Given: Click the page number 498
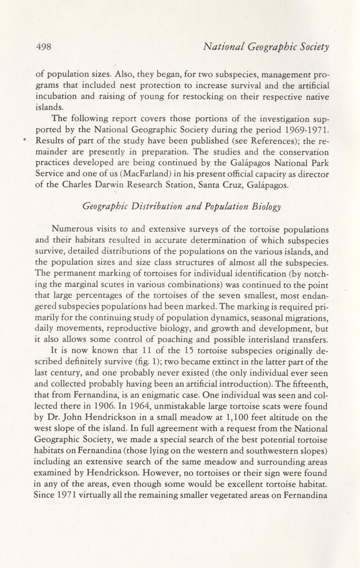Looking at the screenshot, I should click(x=43, y=47).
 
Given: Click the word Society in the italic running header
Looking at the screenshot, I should click(x=315, y=47).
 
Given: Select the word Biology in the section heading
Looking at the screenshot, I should click(x=268, y=206).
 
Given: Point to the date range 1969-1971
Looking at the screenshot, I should click(x=305, y=130).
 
